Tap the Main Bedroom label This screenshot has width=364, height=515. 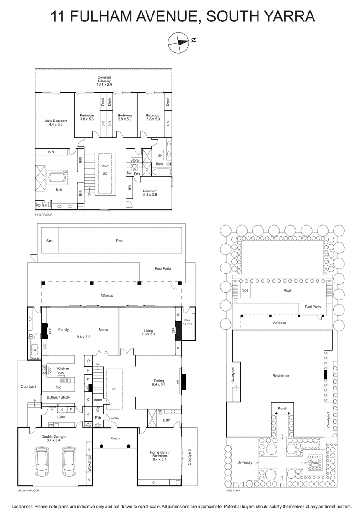tap(56, 121)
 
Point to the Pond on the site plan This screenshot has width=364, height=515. tap(314, 463)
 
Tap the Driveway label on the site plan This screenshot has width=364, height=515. tap(244, 462)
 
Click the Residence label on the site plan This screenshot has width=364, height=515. tap(281, 376)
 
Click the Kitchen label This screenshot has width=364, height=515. tap(63, 368)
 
